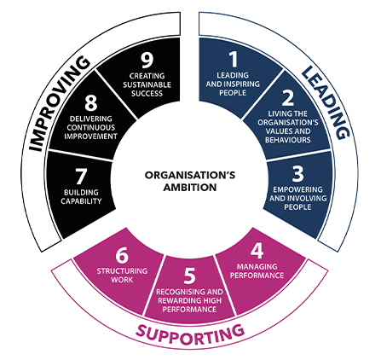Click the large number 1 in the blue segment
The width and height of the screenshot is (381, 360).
click(x=234, y=59)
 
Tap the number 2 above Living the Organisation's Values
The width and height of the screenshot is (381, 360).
click(x=288, y=97)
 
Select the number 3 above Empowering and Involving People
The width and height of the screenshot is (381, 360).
click(x=298, y=173)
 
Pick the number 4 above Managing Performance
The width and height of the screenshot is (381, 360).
click(x=257, y=251)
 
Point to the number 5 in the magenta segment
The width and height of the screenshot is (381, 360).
click(x=190, y=276)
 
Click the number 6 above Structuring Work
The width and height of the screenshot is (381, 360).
click(x=122, y=255)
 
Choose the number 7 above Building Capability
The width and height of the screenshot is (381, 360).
click(x=81, y=177)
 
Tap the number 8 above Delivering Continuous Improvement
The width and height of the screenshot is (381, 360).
click(x=91, y=102)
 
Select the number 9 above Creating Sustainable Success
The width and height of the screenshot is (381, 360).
click(x=147, y=60)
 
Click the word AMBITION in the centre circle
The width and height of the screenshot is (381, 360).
click(x=190, y=188)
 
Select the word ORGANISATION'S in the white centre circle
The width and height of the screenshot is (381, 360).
click(x=190, y=175)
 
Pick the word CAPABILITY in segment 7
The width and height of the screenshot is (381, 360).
click(x=81, y=201)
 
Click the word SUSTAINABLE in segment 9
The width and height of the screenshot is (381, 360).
click(x=147, y=84)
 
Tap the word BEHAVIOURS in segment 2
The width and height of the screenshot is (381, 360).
click(x=288, y=140)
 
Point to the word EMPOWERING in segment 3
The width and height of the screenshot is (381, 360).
click(x=297, y=189)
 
